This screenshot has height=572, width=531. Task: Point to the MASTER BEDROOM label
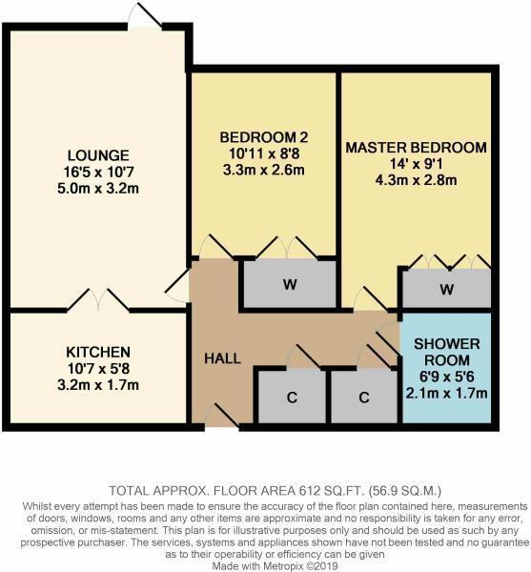click(x=416, y=148)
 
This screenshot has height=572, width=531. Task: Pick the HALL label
click(x=222, y=358)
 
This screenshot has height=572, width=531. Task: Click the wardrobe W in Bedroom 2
click(x=287, y=284)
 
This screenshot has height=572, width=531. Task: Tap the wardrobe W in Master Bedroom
click(x=446, y=289)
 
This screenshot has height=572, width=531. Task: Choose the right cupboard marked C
click(x=363, y=398)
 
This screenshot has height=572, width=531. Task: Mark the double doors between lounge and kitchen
click(x=96, y=299)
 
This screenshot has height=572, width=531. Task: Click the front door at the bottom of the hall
click(x=220, y=417)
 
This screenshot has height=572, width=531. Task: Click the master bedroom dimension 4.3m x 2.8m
click(x=416, y=180)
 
